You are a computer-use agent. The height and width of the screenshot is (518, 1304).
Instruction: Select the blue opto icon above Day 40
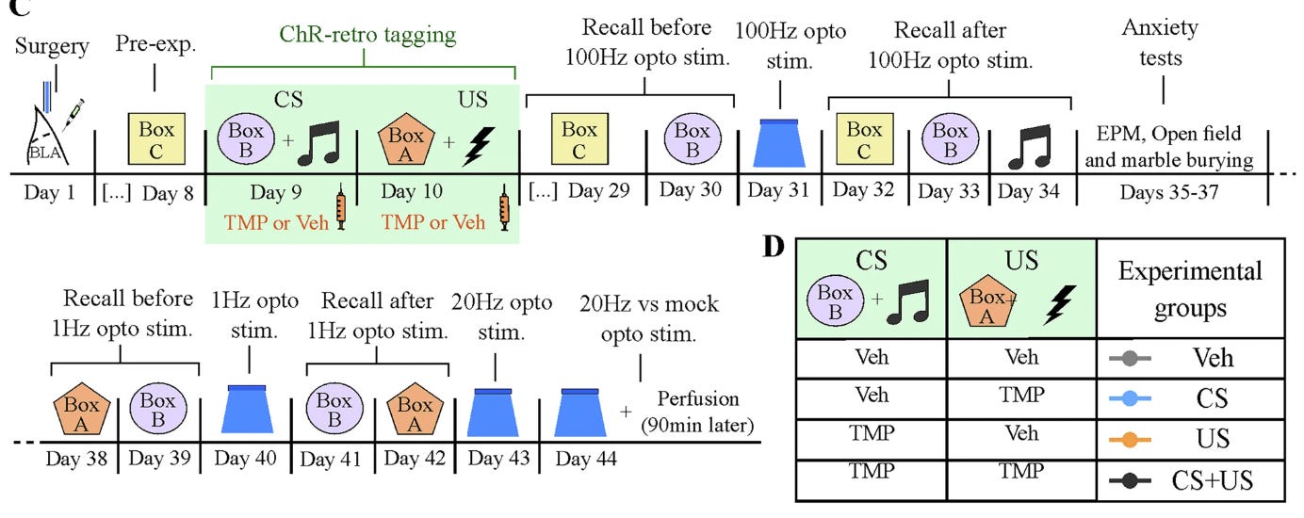[247, 411]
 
